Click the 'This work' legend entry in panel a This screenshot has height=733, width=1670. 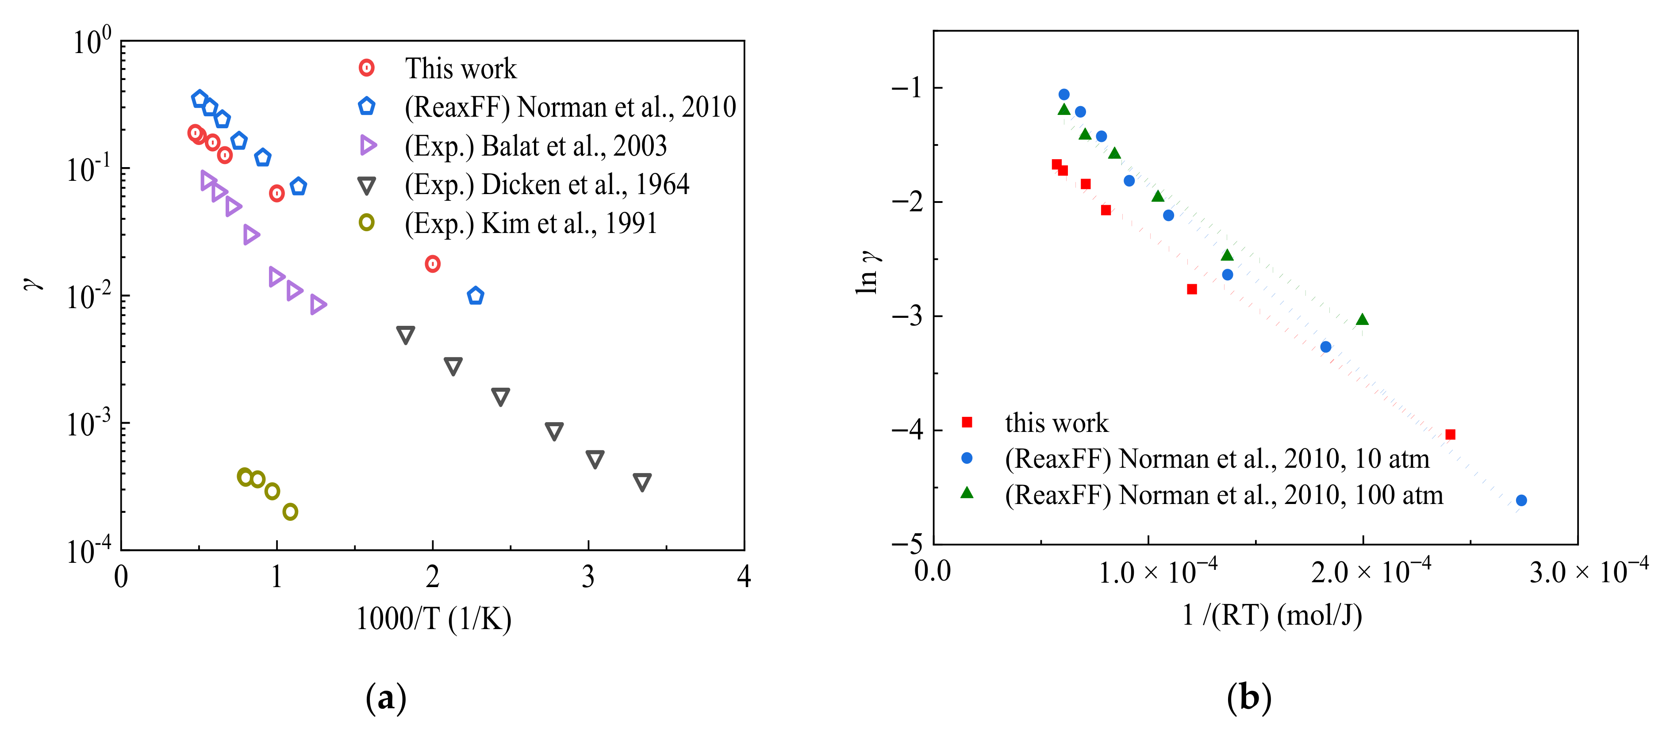coord(460,69)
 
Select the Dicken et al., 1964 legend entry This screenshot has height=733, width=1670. coord(546,185)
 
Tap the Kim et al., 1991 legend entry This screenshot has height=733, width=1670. coord(530,224)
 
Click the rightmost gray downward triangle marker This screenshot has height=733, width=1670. coord(642,481)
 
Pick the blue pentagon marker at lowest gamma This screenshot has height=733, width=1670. coord(475,295)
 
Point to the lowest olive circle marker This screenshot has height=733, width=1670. coord(291,512)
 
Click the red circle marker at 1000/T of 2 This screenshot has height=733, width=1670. coord(432,264)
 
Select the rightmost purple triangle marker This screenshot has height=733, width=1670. coord(317,304)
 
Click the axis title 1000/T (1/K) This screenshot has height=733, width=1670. coord(434,619)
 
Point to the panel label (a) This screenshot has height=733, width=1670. coord(386,698)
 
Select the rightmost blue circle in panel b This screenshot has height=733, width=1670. coord(1521,500)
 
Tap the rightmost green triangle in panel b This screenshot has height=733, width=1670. coord(1362,320)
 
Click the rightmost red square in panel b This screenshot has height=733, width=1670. coord(1450,434)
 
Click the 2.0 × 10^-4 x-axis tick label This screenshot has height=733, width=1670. coord(1371,572)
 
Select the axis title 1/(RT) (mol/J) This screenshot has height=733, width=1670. coord(1272,615)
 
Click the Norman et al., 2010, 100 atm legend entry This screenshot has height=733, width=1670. coord(1223,495)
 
